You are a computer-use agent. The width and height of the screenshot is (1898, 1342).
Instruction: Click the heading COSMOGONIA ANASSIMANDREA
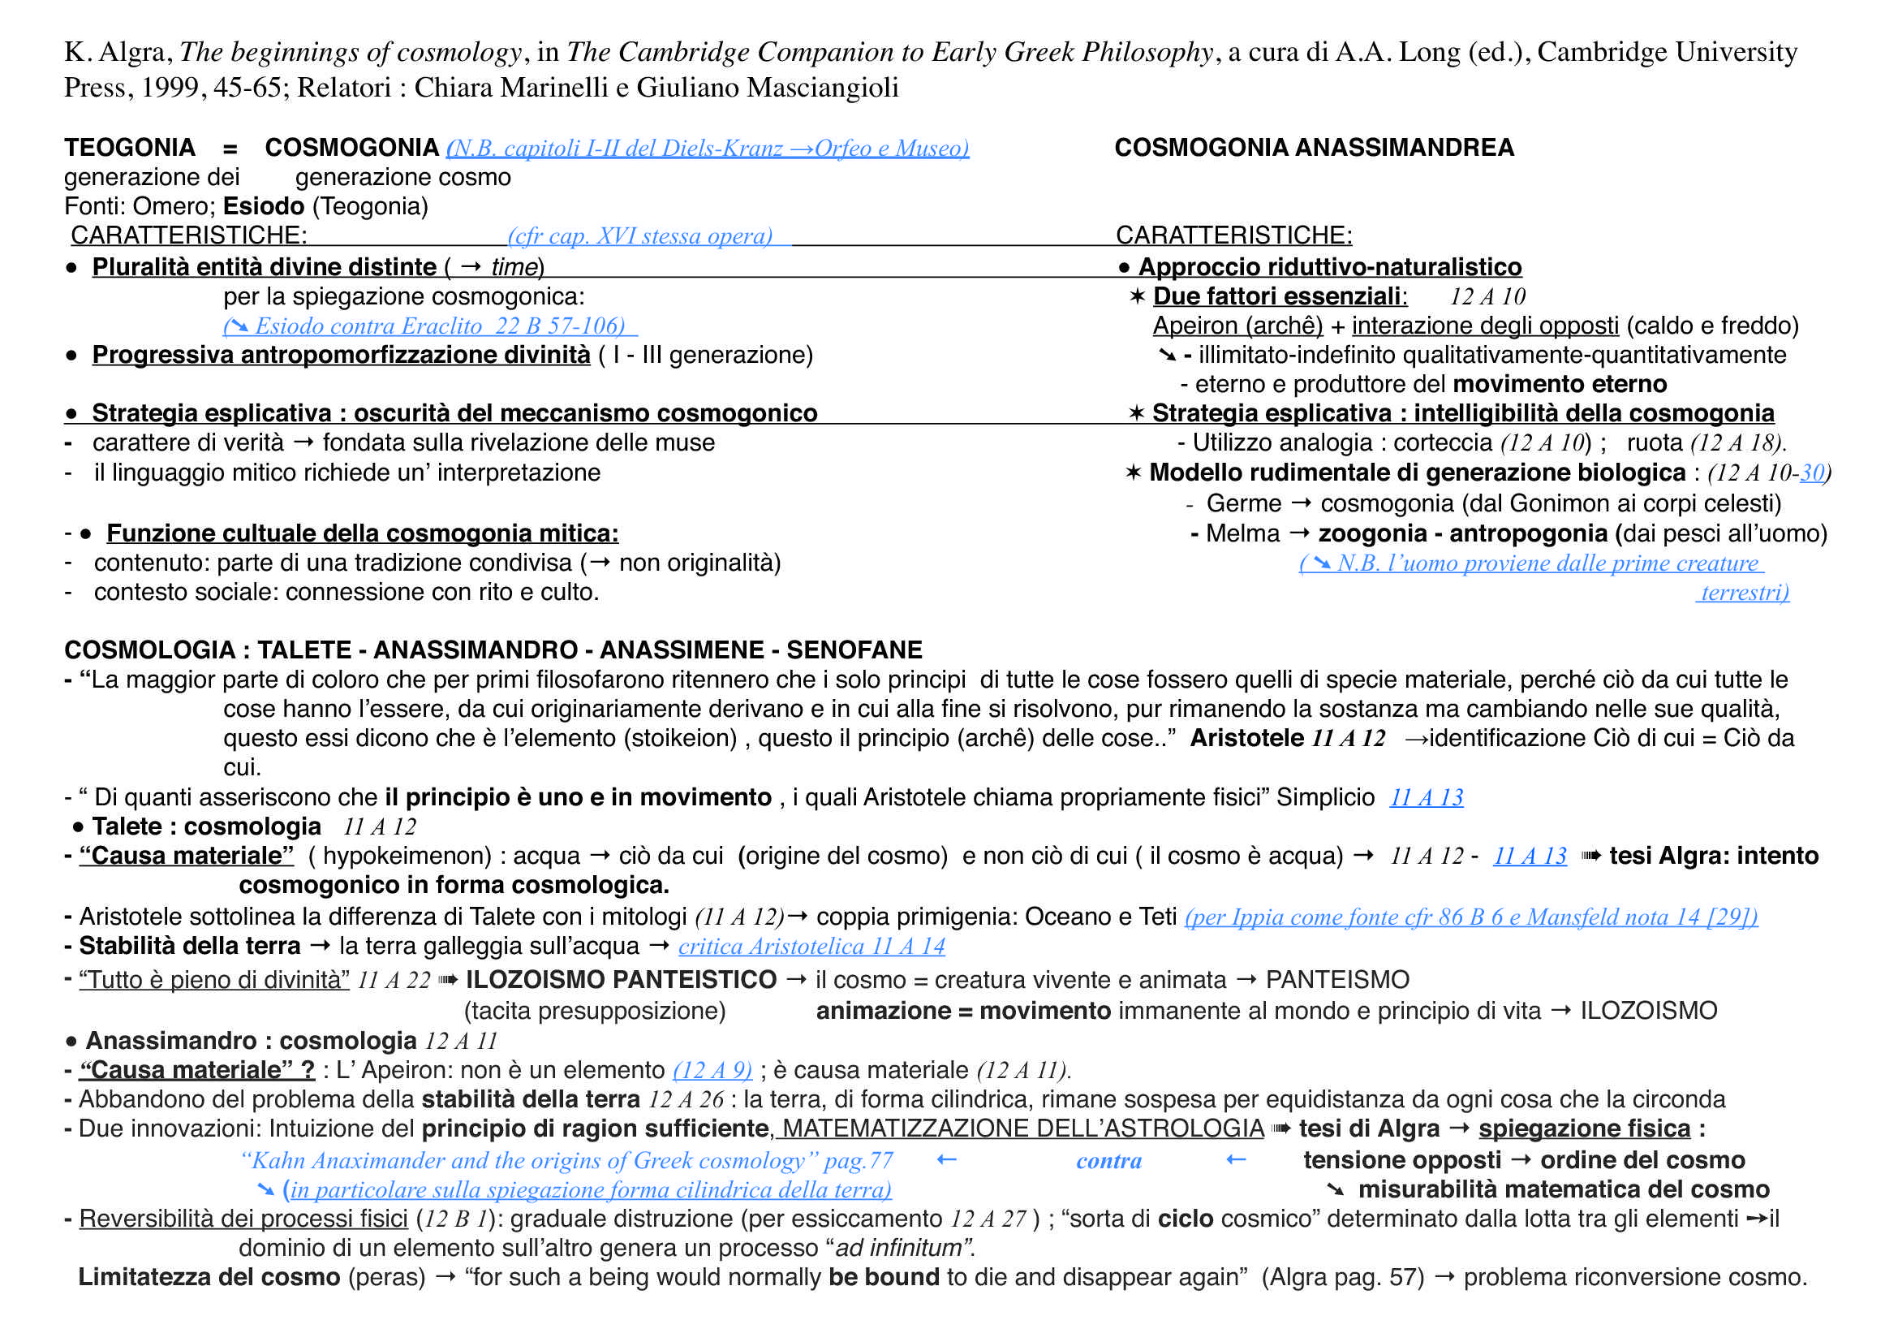pos(1314,148)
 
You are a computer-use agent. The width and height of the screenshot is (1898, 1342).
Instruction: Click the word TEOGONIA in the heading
pos(130,148)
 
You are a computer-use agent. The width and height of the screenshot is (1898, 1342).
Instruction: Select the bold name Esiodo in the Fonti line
pos(263,206)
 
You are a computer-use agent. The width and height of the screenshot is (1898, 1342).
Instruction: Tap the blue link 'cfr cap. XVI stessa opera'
pos(641,236)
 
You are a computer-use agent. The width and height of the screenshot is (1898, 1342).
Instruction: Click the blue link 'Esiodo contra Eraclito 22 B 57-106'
pos(430,326)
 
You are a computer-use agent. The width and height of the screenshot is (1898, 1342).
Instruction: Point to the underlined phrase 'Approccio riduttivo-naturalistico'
pos(1329,267)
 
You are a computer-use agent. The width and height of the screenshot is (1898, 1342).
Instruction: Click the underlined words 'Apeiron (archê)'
pos(1237,326)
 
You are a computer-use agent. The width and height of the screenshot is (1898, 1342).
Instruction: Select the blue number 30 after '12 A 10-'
pos(1812,473)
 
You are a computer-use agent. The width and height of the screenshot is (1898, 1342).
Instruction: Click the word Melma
pos(1242,534)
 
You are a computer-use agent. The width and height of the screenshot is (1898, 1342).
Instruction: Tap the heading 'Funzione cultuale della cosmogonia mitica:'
pos(362,534)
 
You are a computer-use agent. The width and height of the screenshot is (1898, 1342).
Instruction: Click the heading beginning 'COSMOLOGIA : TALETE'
pos(493,650)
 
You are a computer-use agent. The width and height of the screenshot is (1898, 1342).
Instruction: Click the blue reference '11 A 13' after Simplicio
pos(1426,798)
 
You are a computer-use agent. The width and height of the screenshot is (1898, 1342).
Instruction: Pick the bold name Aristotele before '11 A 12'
pos(1246,739)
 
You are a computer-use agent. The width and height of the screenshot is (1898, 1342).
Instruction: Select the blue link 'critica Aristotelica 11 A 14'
pos(811,947)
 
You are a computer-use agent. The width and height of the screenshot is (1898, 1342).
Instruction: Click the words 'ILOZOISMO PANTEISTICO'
pos(621,981)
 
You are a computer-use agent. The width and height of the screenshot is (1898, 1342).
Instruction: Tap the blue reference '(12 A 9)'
pos(712,1071)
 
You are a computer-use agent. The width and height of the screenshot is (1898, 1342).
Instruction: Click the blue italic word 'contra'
pos(1108,1161)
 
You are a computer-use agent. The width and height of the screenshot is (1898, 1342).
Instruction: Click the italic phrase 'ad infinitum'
pos(899,1248)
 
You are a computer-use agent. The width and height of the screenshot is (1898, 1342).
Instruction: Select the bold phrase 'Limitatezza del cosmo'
pos(209,1278)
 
